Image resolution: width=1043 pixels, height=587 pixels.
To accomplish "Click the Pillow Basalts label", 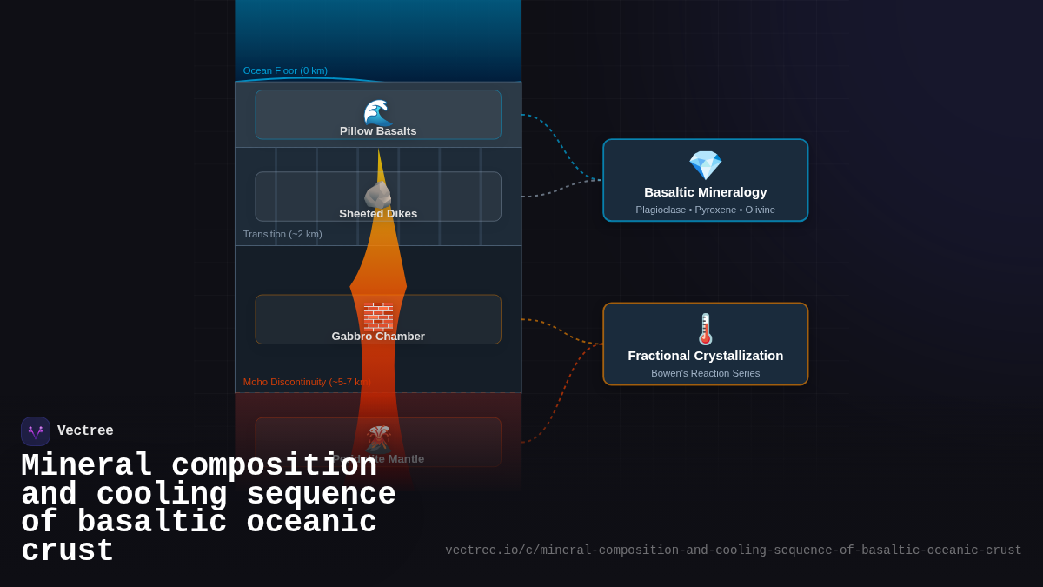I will (378, 131).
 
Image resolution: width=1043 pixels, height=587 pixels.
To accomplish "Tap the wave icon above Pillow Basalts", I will (378, 112).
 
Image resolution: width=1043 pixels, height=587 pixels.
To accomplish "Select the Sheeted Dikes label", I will (378, 214).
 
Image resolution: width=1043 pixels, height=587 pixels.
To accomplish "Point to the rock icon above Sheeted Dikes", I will (378, 195).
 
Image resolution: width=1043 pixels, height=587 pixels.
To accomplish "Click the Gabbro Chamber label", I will (378, 337).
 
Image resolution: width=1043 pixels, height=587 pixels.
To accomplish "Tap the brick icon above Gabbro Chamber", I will (378, 316).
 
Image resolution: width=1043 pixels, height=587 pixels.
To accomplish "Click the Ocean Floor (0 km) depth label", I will (285, 70).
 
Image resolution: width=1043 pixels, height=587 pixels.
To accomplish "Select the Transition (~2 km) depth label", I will (282, 234).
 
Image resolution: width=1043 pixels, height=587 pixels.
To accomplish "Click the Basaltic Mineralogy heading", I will (706, 192).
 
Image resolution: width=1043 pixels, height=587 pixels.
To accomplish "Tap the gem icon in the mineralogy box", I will (705, 165).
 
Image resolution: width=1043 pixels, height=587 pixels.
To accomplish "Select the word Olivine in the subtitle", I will (760, 210).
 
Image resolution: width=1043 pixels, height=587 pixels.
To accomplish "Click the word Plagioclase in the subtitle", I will (661, 210).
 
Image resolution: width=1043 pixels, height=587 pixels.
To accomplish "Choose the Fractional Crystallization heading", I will (706, 356).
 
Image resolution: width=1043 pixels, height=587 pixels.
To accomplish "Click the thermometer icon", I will (706, 329).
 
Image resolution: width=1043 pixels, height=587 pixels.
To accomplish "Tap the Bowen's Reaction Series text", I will (706, 373).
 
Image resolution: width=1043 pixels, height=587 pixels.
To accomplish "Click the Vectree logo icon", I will (36, 431).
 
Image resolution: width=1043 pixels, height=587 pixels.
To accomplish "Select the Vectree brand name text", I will (85, 431).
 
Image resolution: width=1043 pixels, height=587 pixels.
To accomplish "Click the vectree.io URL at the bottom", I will (734, 550).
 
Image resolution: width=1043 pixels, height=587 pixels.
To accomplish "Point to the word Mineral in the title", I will (87, 466).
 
